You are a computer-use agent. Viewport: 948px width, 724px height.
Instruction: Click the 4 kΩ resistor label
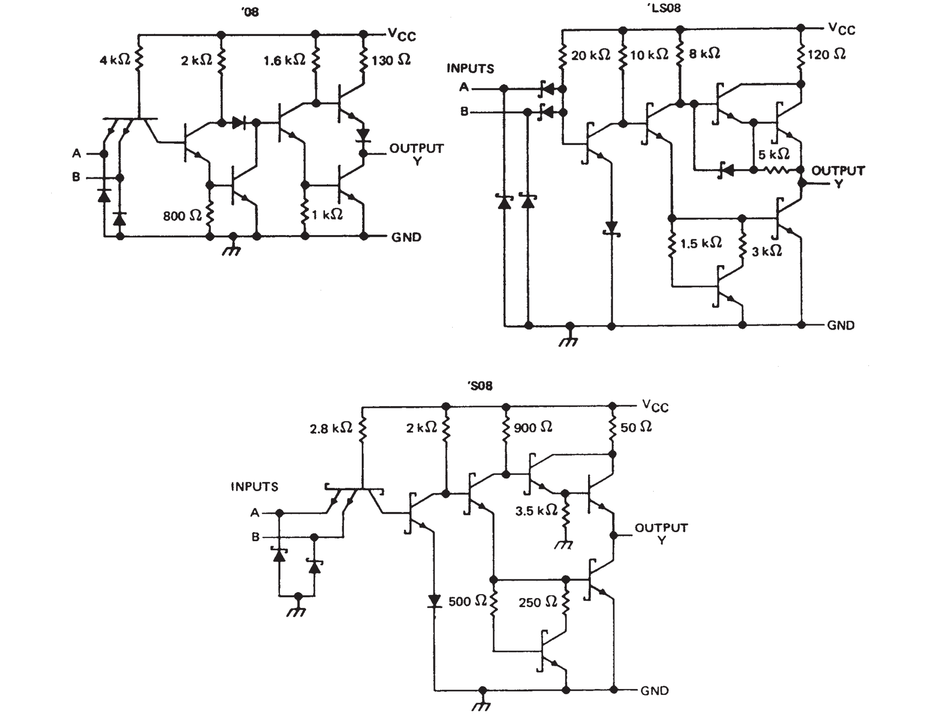pyautogui.click(x=115, y=60)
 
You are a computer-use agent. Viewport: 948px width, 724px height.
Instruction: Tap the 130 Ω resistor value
pyautogui.click(x=390, y=60)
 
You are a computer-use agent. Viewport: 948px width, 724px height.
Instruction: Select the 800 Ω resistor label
pyautogui.click(x=182, y=216)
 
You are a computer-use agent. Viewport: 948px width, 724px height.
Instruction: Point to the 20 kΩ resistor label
pyautogui.click(x=590, y=55)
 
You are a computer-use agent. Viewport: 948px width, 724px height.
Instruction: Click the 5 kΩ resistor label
pyautogui.click(x=773, y=155)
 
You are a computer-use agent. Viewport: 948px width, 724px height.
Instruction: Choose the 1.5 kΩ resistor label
pyautogui.click(x=700, y=243)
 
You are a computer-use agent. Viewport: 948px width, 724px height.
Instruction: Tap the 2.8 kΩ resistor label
pyautogui.click(x=330, y=428)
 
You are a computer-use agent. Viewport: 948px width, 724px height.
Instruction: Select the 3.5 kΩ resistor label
pyautogui.click(x=536, y=511)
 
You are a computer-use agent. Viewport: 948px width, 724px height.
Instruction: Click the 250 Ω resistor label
pyautogui.click(x=537, y=603)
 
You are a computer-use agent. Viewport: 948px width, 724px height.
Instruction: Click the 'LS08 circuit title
pyautogui.click(x=664, y=8)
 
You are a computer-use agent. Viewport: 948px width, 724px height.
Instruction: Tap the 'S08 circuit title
pyautogui.click(x=479, y=386)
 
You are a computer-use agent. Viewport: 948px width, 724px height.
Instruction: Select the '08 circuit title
pyautogui.click(x=250, y=12)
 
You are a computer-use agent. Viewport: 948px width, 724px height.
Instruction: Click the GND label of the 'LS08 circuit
pyautogui.click(x=840, y=326)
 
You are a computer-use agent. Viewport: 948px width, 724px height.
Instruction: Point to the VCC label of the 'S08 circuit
pyautogui.click(x=655, y=406)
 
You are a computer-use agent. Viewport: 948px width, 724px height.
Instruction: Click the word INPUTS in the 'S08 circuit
pyautogui.click(x=254, y=487)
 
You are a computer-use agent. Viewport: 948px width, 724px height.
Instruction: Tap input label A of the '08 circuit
pyautogui.click(x=76, y=154)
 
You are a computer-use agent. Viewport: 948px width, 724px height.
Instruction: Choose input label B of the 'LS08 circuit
pyautogui.click(x=464, y=111)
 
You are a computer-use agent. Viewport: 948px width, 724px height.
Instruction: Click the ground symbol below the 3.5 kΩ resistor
pyautogui.click(x=564, y=545)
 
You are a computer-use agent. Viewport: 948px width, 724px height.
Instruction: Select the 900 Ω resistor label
pyautogui.click(x=532, y=428)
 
